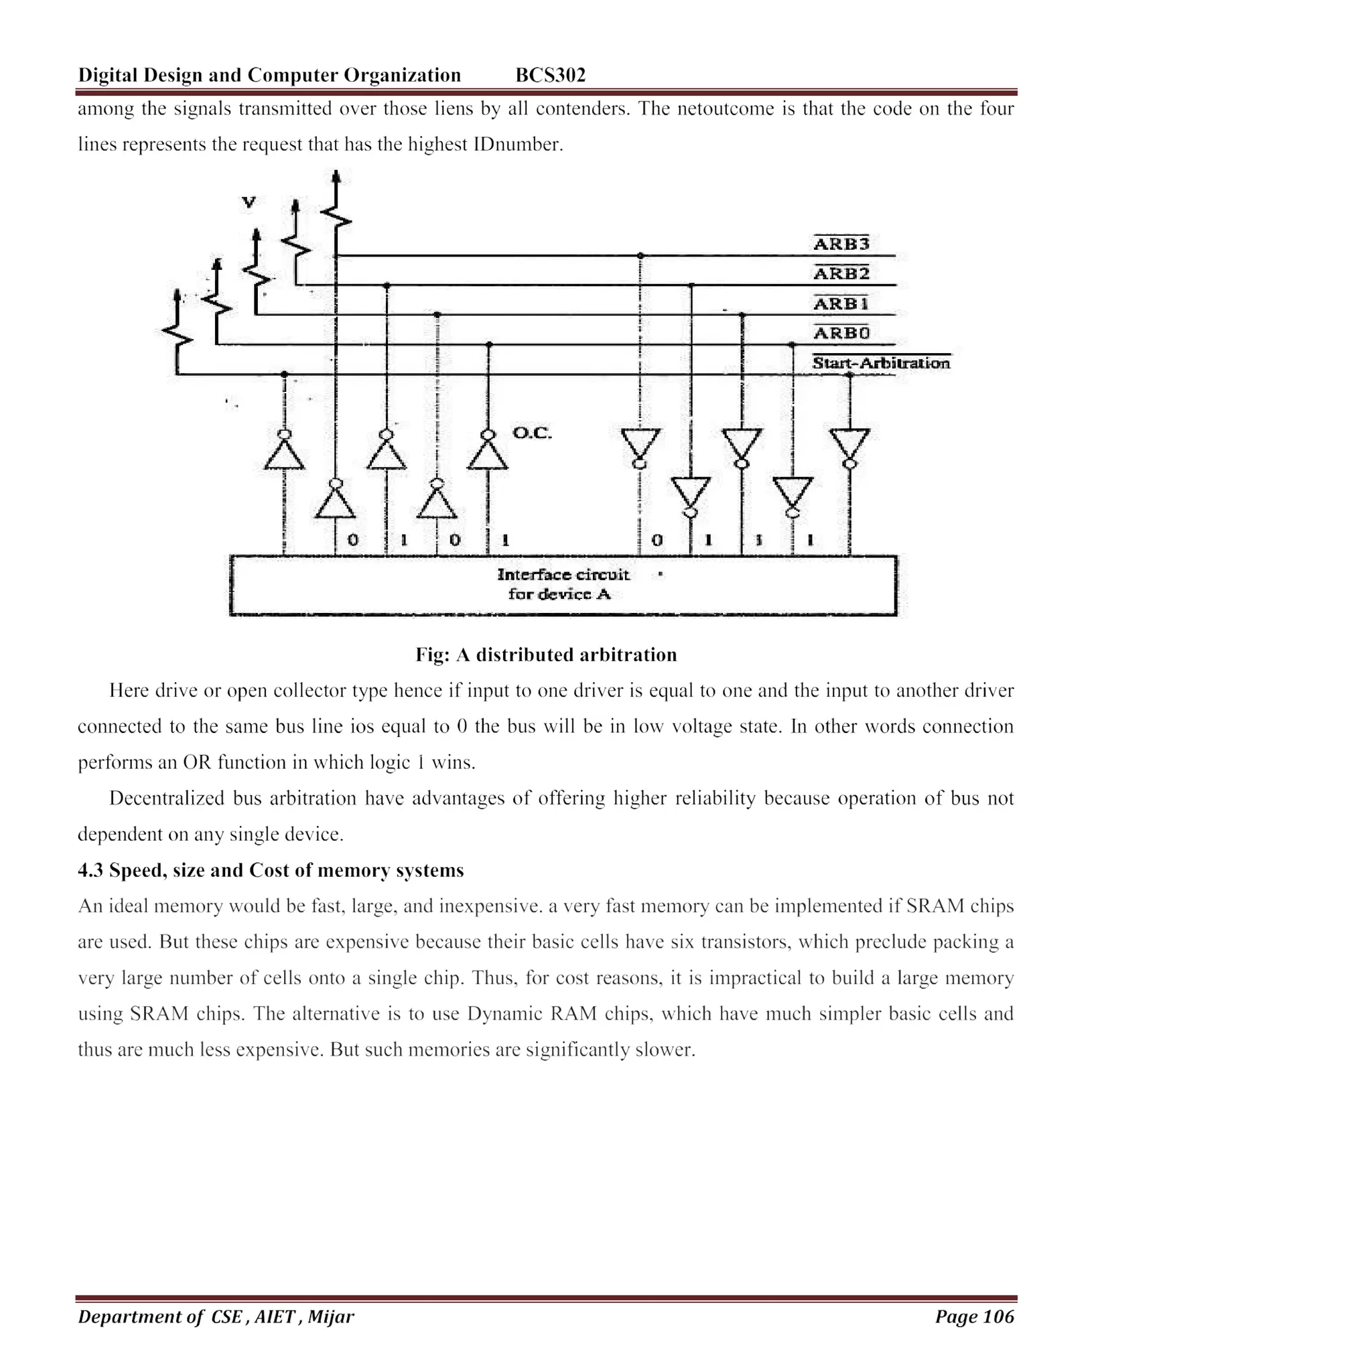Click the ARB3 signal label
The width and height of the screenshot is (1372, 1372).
click(841, 245)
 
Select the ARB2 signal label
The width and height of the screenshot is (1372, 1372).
click(841, 274)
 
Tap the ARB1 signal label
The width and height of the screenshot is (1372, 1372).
click(841, 304)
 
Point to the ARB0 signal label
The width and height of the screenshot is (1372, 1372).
click(841, 334)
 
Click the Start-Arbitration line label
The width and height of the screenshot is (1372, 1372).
click(880, 364)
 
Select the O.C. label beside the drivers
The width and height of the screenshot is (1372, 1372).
click(531, 433)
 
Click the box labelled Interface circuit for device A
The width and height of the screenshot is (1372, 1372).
click(563, 585)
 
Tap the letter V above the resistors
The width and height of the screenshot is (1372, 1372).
click(249, 202)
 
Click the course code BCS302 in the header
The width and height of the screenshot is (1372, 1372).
click(551, 75)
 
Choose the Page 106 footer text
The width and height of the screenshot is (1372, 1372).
click(974, 1316)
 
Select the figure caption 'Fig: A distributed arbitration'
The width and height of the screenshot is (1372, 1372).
click(546, 655)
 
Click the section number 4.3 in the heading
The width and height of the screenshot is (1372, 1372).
click(90, 871)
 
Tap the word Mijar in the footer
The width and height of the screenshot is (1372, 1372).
click(330, 1316)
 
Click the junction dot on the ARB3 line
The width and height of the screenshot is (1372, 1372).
click(640, 256)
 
